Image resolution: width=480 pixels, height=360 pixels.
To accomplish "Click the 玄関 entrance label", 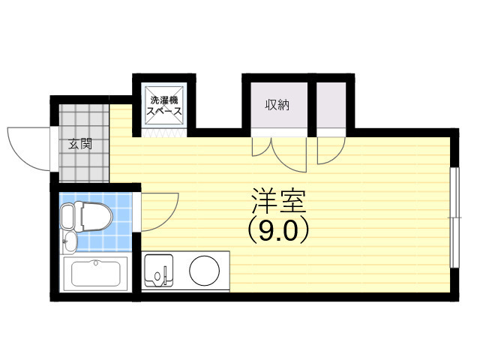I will click(x=80, y=143).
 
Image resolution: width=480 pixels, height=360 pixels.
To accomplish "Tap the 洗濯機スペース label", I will click(x=163, y=105).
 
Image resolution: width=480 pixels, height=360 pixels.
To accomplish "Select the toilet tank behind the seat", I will click(x=67, y=217).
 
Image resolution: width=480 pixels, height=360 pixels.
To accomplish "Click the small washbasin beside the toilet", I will click(x=69, y=241).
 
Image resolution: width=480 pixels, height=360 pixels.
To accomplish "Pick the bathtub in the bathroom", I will click(x=95, y=274).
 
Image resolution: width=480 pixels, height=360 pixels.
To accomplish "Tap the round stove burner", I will click(x=203, y=271).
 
